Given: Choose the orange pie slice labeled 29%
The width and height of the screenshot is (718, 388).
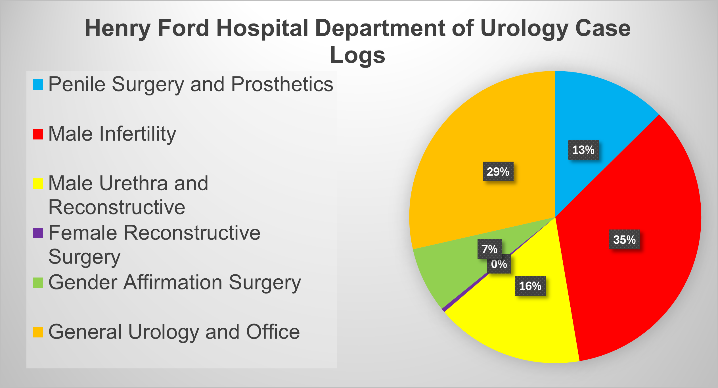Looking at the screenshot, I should click(x=468, y=142).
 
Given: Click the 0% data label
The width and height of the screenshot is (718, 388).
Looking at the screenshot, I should click(x=499, y=264).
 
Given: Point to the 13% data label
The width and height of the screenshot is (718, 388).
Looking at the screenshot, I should click(x=583, y=150).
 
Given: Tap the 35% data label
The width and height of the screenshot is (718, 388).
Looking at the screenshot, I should click(x=624, y=239).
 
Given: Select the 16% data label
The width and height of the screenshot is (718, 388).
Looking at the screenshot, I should click(x=530, y=286).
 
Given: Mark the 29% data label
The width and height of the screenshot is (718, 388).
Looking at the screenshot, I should click(x=498, y=172).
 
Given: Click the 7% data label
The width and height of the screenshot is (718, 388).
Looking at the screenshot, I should click(x=489, y=249).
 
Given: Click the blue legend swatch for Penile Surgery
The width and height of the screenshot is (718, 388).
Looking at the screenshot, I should click(x=38, y=85).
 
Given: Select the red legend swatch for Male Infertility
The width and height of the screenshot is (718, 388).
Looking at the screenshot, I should click(x=38, y=134).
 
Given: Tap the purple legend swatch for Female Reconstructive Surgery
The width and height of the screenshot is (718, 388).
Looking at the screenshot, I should click(x=38, y=233).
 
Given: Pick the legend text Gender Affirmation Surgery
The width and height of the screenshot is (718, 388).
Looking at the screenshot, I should click(x=175, y=283).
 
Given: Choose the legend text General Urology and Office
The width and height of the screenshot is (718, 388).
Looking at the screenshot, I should click(x=174, y=332).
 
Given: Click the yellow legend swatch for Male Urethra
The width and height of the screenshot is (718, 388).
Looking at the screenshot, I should click(x=38, y=183).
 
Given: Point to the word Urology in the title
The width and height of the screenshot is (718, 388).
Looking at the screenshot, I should click(x=524, y=28).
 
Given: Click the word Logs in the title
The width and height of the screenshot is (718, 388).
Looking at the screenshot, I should click(x=357, y=55).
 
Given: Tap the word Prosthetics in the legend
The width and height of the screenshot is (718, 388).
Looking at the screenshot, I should click(x=282, y=84).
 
